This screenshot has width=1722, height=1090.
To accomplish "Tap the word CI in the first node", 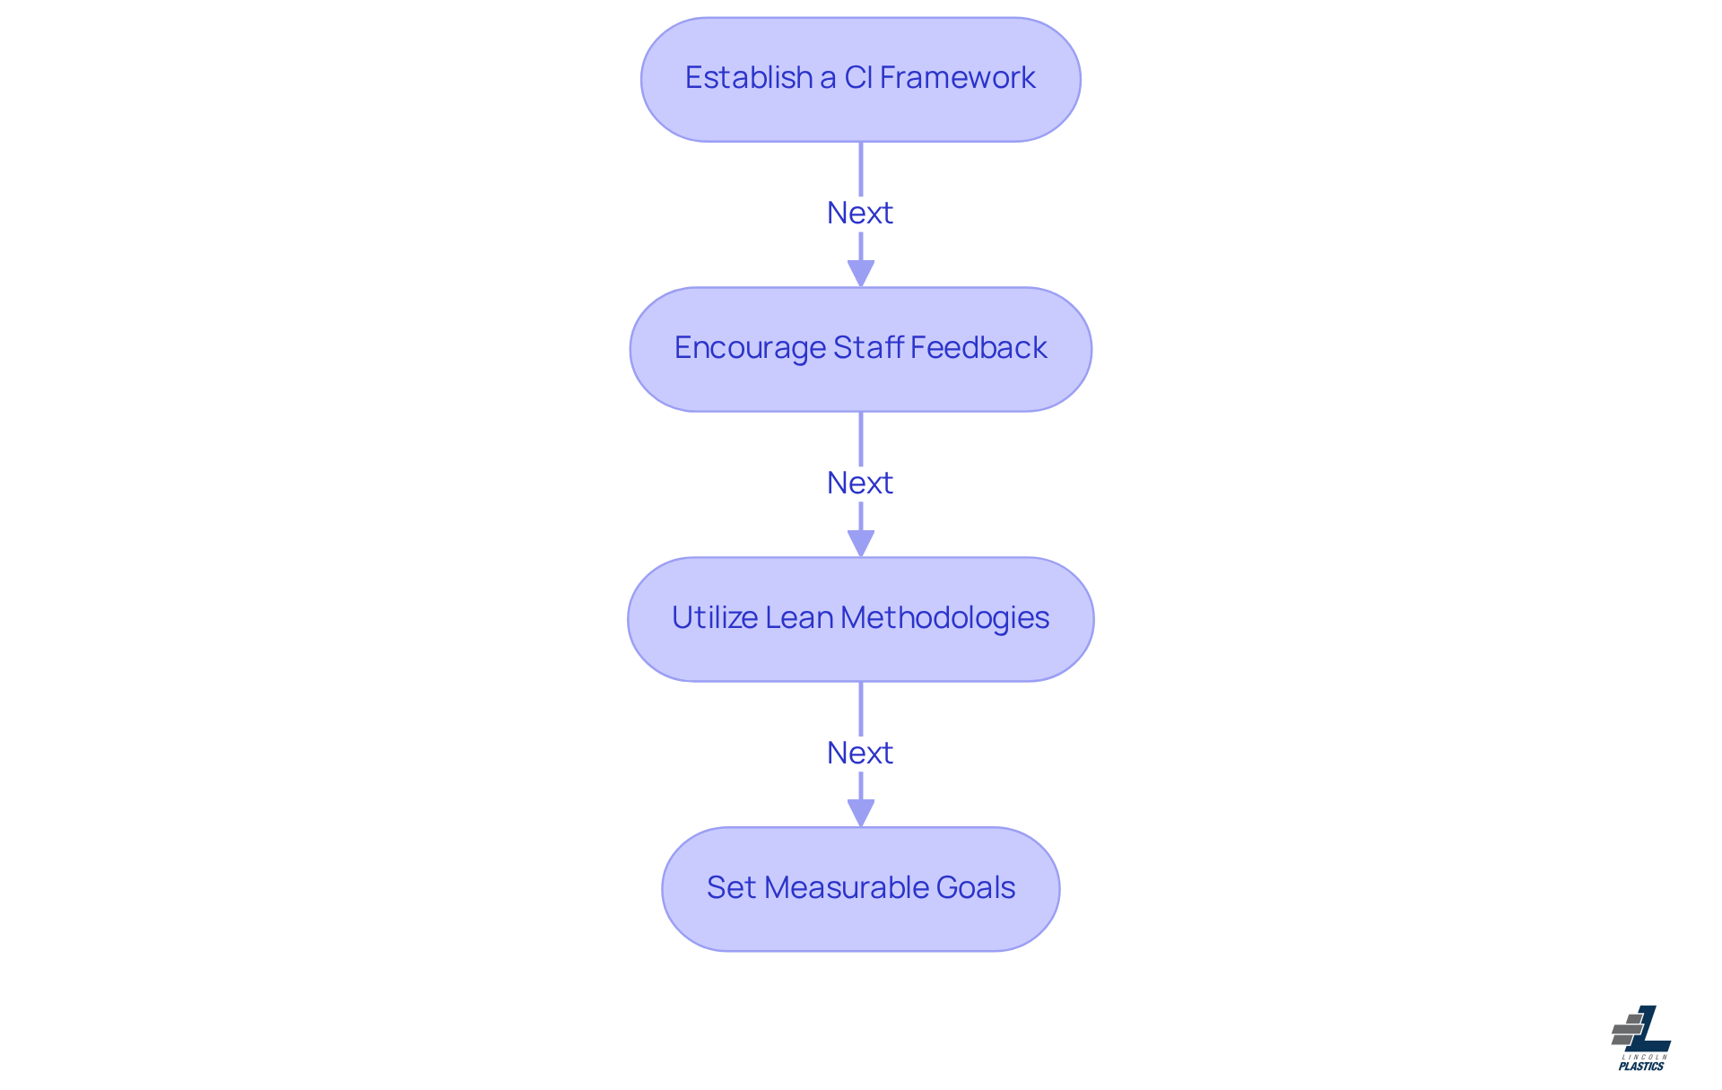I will pyautogui.click(x=857, y=78).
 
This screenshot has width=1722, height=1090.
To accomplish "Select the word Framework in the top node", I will pyautogui.click(x=957, y=78).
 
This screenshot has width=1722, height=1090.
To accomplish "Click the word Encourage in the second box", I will pyautogui.click(x=749, y=348).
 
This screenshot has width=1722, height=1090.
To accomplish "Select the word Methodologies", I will pyautogui.click(x=944, y=618).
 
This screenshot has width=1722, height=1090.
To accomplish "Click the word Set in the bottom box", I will pyautogui.click(x=731, y=888).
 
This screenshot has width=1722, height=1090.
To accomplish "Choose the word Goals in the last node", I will pyautogui.click(x=976, y=888).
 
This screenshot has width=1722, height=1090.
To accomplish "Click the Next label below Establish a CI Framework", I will pyautogui.click(x=860, y=214).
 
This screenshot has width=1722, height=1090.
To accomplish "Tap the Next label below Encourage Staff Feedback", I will pyautogui.click(x=860, y=484).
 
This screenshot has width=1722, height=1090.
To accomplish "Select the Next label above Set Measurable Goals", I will pyautogui.click(x=860, y=754).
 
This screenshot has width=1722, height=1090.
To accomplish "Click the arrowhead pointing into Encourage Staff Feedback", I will pyautogui.click(x=861, y=273).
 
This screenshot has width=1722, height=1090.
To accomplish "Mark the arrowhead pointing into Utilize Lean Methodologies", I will pyautogui.click(x=861, y=543).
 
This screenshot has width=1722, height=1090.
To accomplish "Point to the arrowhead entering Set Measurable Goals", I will pyautogui.click(x=861, y=813).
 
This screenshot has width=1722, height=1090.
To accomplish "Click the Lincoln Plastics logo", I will pyautogui.click(x=1641, y=1036).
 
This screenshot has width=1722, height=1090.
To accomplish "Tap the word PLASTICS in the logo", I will pyautogui.click(x=1641, y=1067).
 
